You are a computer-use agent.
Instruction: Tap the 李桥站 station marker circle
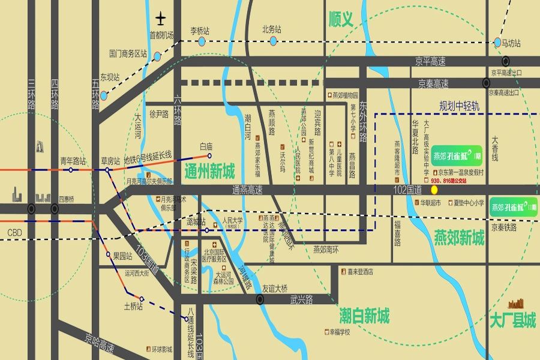pyautogui.click(x=202, y=41)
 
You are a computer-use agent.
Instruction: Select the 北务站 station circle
pyautogui.click(x=273, y=41)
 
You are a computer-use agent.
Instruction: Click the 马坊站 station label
pyautogui.click(x=508, y=43)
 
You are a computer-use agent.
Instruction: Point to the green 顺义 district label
pyautogui.click(x=349, y=20)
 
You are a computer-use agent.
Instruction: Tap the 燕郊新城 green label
pyautogui.click(x=459, y=238)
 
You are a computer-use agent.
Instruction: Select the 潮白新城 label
pyautogui.click(x=364, y=314)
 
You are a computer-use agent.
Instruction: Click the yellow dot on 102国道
pyautogui.click(x=434, y=190)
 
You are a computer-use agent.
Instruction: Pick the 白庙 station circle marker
pyautogui.click(x=210, y=155)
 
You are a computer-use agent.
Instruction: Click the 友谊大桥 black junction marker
pyautogui.click(x=260, y=299)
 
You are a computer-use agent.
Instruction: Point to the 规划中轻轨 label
pyautogui.click(x=460, y=106)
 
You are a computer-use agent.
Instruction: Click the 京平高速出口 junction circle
pyautogui.click(x=506, y=61)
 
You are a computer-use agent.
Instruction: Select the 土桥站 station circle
pyautogui.click(x=142, y=299)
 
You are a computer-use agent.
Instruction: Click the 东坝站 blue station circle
pyautogui.click(x=104, y=95)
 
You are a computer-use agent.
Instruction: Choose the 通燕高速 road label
pyautogui.click(x=247, y=190)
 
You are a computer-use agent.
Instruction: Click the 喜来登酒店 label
pyautogui.click(x=360, y=271)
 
